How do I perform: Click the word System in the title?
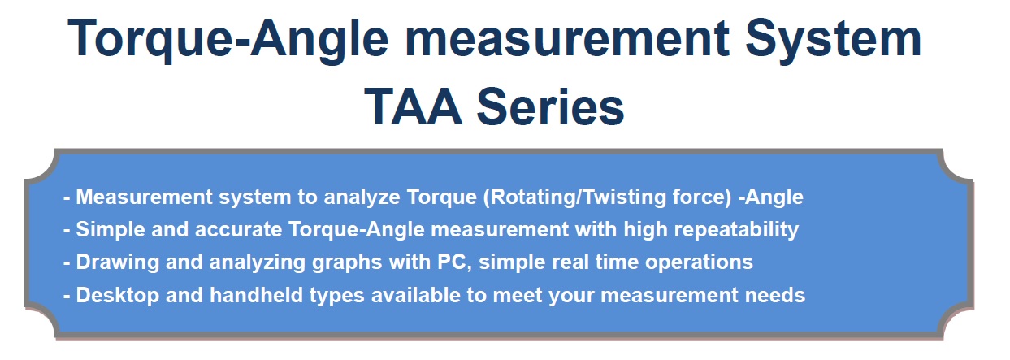coord(833,40)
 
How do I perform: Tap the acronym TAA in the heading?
coord(413,107)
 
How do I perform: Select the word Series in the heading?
coord(551,107)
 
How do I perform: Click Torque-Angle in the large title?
coord(228,41)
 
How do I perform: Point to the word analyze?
coord(362,197)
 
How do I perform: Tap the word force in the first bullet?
coord(701,197)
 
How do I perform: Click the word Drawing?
coord(117,262)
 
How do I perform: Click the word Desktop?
coord(117,296)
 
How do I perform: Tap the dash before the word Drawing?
coord(67,263)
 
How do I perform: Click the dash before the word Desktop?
coord(67,297)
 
